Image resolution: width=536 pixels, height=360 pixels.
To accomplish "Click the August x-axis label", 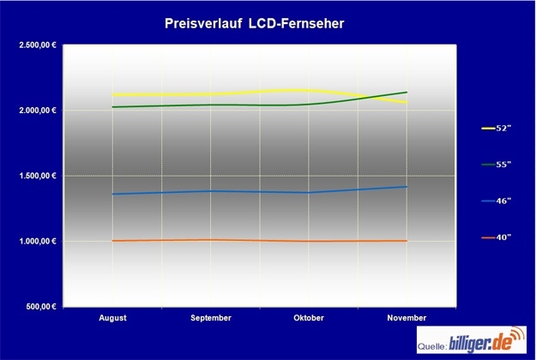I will [x=112, y=318].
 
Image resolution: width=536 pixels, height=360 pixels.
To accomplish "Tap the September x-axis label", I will [x=211, y=318].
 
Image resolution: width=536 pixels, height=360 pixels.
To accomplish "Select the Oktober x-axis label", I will [x=309, y=318].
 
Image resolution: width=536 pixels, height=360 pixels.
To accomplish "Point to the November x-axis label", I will [x=407, y=318].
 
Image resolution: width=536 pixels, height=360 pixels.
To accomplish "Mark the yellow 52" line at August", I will [x=113, y=94].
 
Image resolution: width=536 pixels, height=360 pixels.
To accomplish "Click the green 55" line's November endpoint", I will [x=407, y=92].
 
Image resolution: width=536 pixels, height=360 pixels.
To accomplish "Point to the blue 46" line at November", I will [x=407, y=186].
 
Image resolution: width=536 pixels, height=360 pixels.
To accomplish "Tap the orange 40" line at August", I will [x=113, y=241].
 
